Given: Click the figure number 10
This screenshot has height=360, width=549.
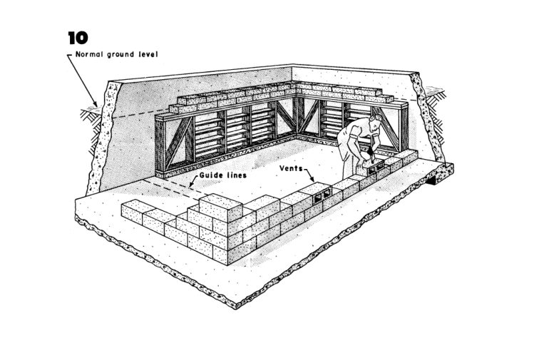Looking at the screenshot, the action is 78,38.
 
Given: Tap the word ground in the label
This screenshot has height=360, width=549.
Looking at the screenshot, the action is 120,55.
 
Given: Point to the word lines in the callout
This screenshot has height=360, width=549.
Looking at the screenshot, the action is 236,175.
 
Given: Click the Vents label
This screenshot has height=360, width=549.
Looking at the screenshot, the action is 291,168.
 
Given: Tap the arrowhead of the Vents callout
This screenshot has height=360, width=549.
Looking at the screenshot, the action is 312,180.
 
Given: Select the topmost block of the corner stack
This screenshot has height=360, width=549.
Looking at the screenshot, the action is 220,207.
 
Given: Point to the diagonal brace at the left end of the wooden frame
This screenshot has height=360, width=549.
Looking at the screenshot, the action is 178,141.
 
